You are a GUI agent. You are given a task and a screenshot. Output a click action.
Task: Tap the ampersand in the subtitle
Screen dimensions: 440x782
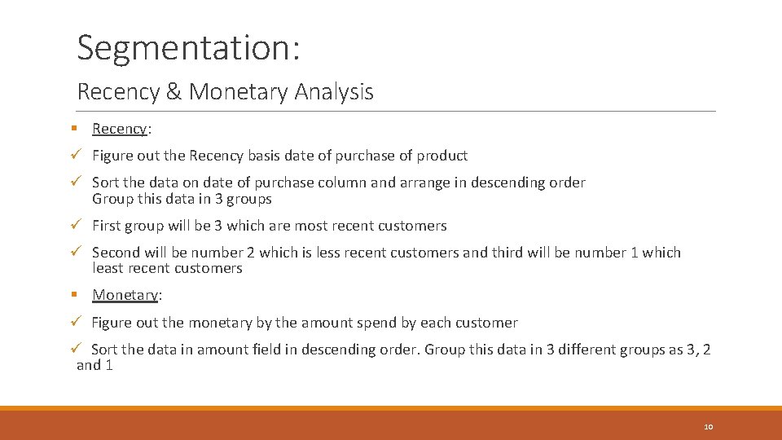[173, 92]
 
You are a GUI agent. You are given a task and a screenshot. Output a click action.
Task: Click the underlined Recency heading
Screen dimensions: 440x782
[119, 129]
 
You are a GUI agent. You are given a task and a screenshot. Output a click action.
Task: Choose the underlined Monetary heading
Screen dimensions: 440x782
[125, 295]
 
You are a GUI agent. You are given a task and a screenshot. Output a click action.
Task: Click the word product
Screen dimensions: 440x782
[442, 156]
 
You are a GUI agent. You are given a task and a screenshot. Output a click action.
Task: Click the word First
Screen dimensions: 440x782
[108, 226]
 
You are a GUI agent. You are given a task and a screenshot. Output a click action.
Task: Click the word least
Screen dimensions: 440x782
[108, 268]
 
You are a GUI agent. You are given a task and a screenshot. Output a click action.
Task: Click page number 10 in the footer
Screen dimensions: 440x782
[708, 427]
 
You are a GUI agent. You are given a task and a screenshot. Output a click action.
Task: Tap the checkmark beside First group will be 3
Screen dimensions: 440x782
[74, 226]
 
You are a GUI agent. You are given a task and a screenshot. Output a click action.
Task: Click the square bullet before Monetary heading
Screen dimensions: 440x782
[73, 295]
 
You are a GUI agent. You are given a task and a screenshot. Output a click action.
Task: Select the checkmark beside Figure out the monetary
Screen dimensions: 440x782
[74, 323]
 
